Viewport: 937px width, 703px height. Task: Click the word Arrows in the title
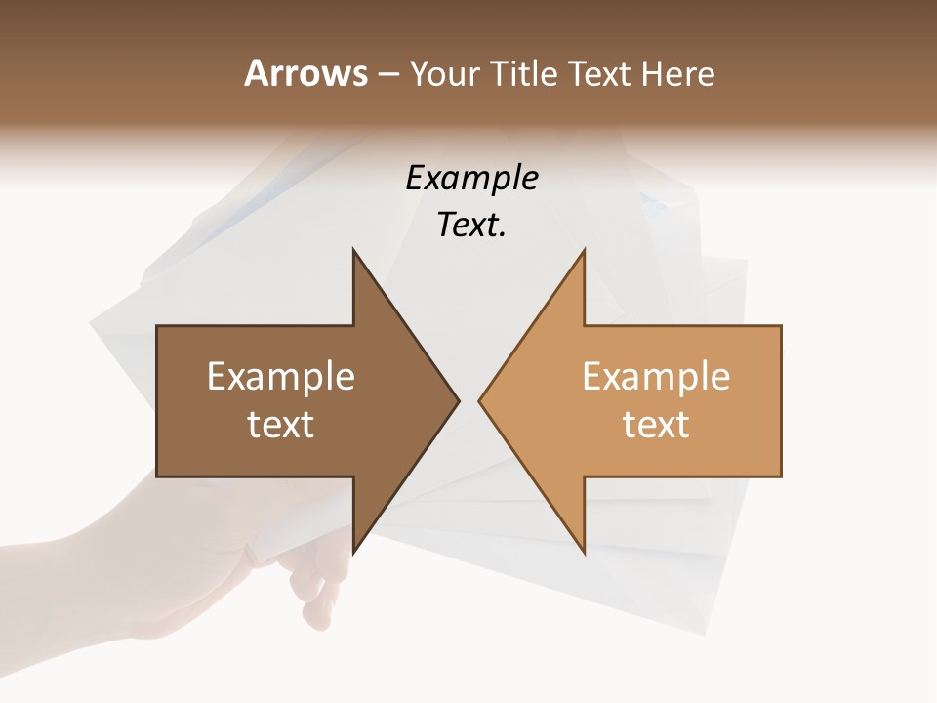306,73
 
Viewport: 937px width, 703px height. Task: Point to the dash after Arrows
387,75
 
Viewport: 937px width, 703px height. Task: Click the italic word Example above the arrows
471,179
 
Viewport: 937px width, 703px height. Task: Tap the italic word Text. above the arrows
471,226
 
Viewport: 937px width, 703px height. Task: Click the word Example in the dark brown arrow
281,377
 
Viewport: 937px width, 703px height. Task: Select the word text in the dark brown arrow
281,425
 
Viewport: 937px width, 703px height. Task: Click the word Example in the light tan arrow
656,377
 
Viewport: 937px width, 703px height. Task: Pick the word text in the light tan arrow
656,425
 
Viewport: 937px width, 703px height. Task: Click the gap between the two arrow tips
468,400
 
